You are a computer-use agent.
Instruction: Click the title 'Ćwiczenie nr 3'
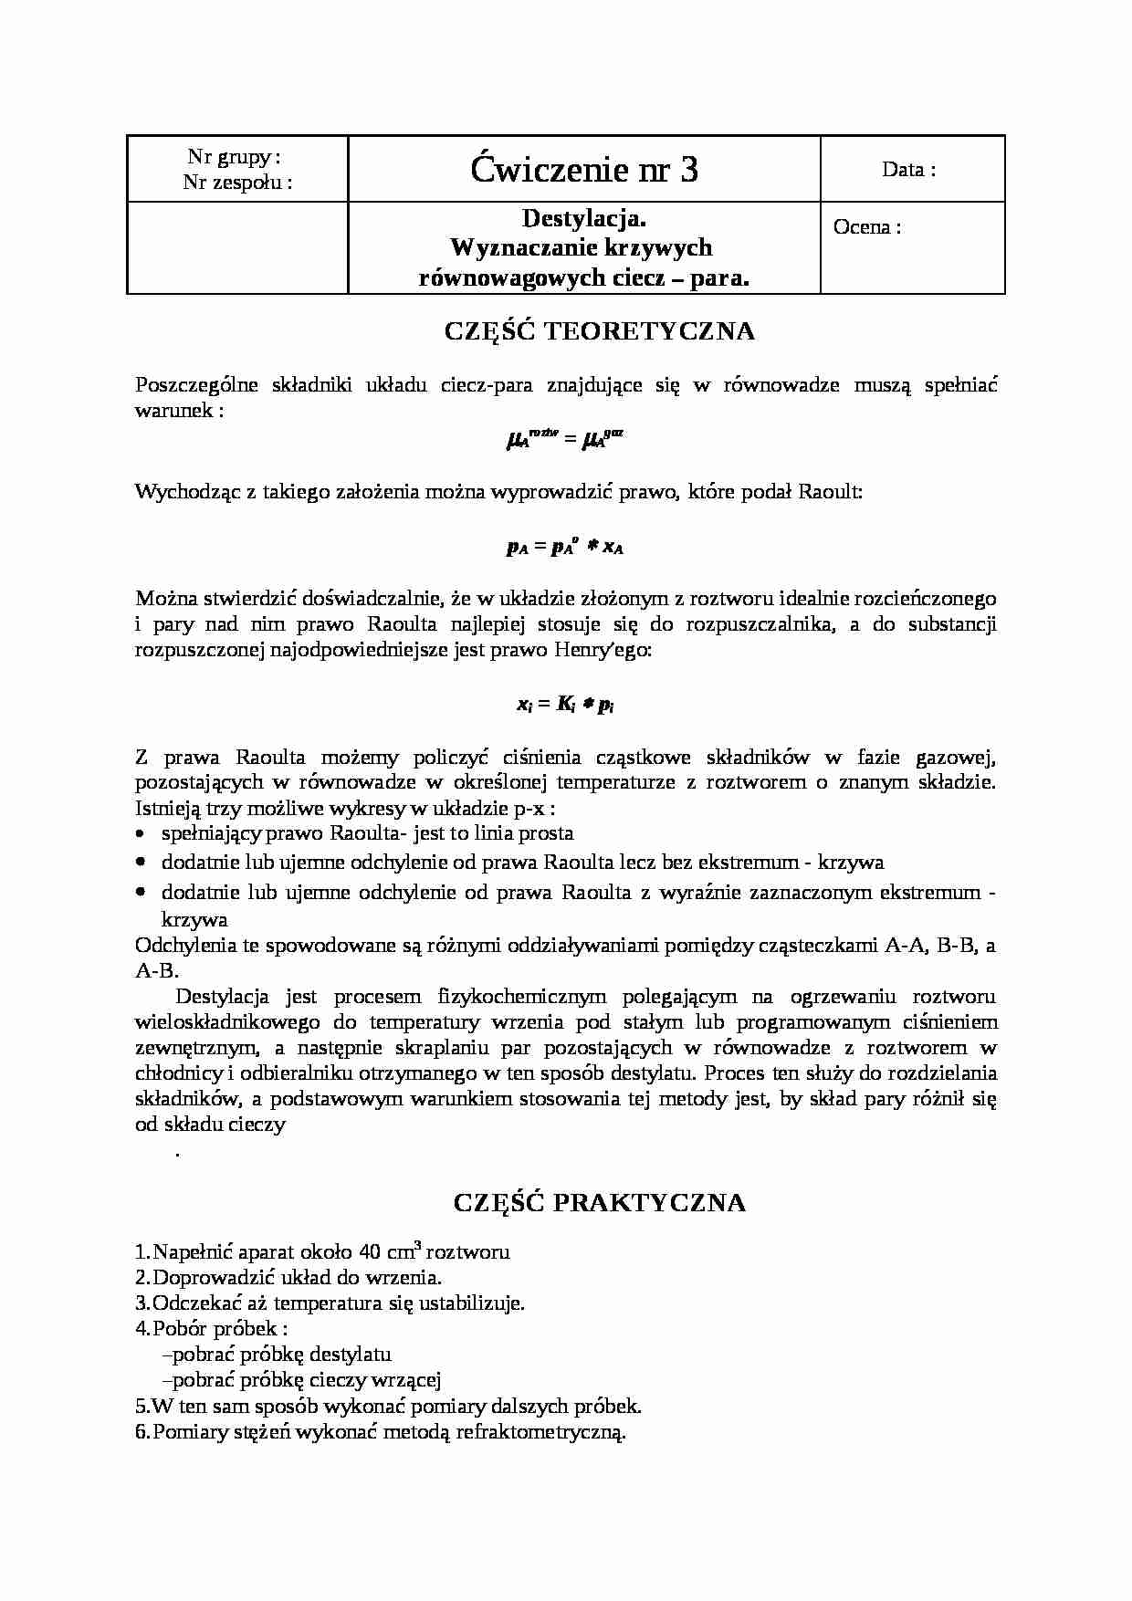(x=584, y=170)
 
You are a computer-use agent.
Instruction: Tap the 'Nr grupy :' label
(x=235, y=157)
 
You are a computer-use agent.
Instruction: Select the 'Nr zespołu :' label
(x=237, y=182)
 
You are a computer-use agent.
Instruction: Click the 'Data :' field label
(x=908, y=170)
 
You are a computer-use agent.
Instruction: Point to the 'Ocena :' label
(x=866, y=227)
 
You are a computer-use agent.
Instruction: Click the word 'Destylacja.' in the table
(x=584, y=218)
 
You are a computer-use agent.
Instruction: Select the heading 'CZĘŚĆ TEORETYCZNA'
(x=600, y=330)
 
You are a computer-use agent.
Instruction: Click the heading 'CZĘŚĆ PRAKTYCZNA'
(x=600, y=1203)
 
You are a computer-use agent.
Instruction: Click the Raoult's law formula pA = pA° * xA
(x=565, y=547)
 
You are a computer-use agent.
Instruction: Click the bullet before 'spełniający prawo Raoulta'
(x=140, y=833)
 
